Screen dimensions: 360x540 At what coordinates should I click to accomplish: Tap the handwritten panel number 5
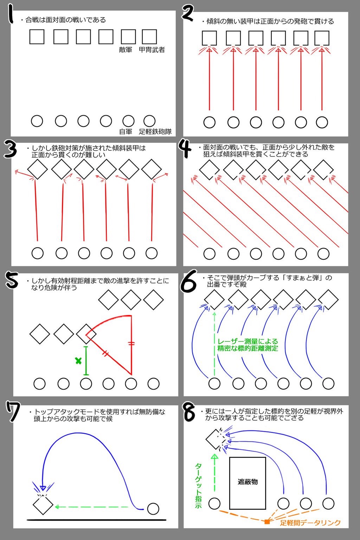click(x=12, y=279)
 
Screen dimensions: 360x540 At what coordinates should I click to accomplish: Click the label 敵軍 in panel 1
click(x=126, y=50)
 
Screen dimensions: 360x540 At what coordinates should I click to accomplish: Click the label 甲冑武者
click(x=152, y=50)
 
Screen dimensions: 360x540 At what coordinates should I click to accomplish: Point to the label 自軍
click(x=126, y=131)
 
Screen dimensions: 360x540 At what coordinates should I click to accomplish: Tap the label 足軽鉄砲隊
click(x=155, y=131)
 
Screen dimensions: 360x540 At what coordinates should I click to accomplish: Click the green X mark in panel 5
click(x=78, y=361)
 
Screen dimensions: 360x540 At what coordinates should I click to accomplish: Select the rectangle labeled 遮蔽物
click(x=247, y=483)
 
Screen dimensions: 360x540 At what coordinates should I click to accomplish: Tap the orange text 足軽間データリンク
click(x=310, y=523)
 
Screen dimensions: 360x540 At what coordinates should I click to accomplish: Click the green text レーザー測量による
click(x=247, y=342)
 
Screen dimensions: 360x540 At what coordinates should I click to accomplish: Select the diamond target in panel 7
click(x=43, y=504)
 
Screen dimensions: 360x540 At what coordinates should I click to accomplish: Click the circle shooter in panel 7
click(x=153, y=509)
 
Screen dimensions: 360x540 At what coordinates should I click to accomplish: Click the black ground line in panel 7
click(x=96, y=520)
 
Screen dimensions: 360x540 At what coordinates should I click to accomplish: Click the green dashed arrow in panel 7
click(x=92, y=507)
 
